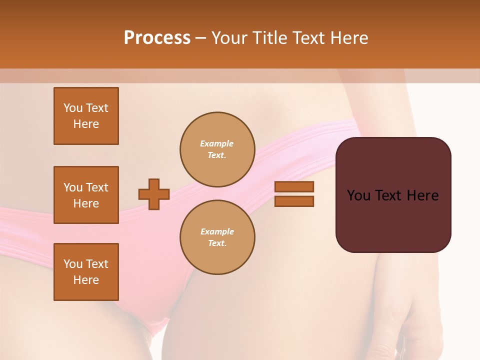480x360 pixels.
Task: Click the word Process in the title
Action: point(157,37)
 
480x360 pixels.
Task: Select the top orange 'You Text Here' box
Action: point(86,116)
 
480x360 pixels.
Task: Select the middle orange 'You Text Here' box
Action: point(86,195)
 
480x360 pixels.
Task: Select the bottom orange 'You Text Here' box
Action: point(86,271)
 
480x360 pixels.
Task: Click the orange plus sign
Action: point(154,194)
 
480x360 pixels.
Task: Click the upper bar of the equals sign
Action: point(294,186)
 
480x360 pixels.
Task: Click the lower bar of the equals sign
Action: point(294,201)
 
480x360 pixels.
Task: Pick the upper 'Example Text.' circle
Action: point(217,149)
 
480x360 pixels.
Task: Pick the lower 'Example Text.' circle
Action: point(217,237)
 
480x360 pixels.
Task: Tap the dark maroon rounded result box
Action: point(393,220)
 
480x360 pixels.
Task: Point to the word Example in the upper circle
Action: point(217,143)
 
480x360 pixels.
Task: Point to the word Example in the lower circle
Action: point(217,231)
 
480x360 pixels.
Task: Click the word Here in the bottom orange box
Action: point(86,280)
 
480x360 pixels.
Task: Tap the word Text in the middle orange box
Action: point(97,187)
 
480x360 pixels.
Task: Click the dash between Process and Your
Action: point(200,37)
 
